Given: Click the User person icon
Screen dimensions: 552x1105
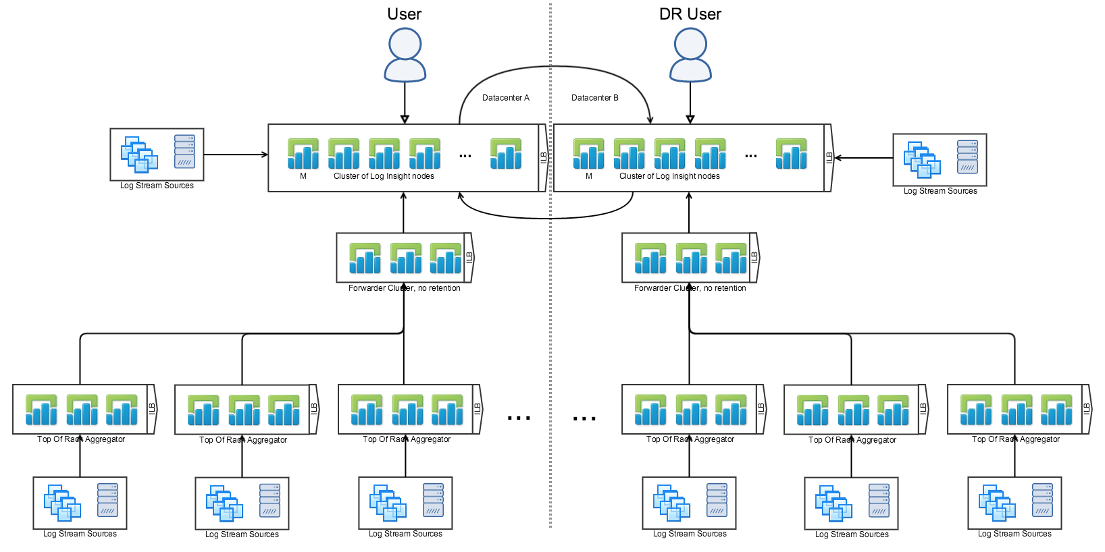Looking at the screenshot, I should (x=405, y=55).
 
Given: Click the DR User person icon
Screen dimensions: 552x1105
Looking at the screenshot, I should (x=690, y=55).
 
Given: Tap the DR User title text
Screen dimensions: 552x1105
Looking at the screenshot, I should (x=690, y=14).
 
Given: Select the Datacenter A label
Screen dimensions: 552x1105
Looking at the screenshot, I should (x=506, y=98).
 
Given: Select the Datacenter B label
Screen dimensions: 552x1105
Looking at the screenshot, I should (x=595, y=98).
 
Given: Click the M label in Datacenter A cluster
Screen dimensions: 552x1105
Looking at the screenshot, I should (x=303, y=176).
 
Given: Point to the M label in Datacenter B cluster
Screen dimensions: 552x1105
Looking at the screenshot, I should (x=589, y=176).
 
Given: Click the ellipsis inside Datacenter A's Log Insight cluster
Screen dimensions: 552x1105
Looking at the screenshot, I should (x=465, y=156).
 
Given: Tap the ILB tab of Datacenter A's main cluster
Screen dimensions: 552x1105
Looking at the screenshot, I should (x=543, y=158).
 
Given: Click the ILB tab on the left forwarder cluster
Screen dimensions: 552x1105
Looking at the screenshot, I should (x=469, y=257).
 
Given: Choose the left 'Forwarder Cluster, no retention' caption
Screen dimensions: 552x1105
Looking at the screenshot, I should (x=404, y=288).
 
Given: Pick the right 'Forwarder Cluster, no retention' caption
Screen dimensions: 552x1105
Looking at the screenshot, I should (x=690, y=288).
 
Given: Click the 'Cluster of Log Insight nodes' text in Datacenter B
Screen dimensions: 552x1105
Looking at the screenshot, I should (x=669, y=176).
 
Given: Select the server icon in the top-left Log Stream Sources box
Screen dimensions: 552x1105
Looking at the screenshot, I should (x=184, y=151).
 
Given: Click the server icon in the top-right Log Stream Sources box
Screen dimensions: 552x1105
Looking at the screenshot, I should (x=967, y=157).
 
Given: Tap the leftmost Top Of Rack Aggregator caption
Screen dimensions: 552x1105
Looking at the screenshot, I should (x=81, y=439).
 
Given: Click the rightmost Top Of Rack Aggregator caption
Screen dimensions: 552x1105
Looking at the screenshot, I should (x=1016, y=439).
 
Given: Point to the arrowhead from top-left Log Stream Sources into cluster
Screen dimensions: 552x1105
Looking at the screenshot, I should (x=265, y=155).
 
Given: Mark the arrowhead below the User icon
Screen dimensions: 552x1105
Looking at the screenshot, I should (x=405, y=119).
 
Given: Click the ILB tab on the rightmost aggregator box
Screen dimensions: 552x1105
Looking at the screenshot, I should (x=1086, y=408).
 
